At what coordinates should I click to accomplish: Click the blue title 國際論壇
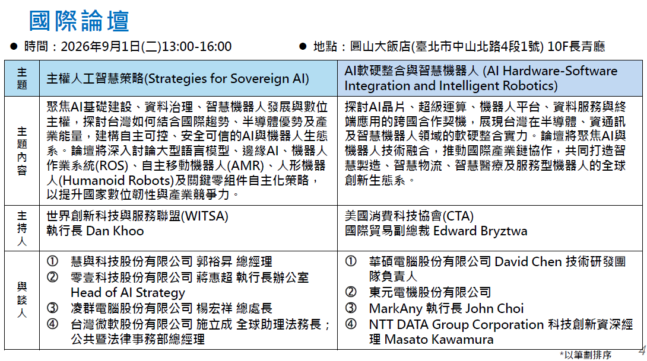click(79, 21)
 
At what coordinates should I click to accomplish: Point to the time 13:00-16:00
click(197, 47)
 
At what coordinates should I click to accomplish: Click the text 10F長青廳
click(576, 47)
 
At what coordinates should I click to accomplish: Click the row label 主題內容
click(22, 151)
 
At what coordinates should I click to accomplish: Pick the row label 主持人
click(22, 228)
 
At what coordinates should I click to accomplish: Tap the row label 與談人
click(22, 300)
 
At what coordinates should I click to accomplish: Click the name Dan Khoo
click(115, 231)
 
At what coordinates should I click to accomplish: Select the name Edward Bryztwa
click(480, 231)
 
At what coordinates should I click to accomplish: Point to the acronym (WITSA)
click(205, 216)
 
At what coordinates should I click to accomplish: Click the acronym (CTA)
click(458, 216)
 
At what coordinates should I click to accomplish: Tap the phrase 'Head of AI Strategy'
click(128, 293)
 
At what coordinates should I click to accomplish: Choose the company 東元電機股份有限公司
click(430, 292)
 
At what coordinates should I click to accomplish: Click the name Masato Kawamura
click(439, 340)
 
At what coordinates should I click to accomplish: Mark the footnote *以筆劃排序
click(585, 354)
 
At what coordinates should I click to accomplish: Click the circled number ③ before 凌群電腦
click(52, 308)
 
